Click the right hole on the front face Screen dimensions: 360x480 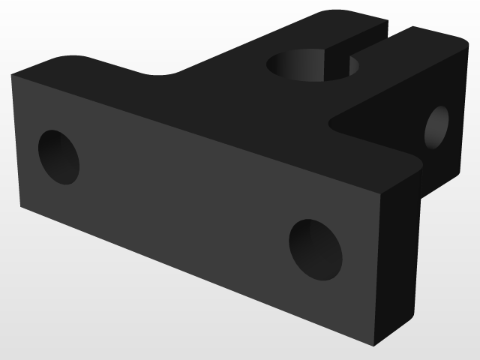[316, 250]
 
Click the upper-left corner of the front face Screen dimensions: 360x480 [12, 75]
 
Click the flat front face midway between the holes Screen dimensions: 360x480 [187, 202]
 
